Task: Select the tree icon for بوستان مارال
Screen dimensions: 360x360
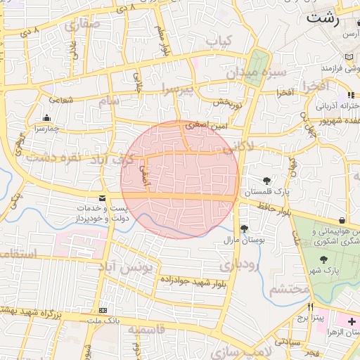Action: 244,229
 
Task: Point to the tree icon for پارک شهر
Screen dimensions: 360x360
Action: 323,259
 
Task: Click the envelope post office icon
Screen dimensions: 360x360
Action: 103,199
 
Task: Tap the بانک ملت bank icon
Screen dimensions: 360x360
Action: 103,310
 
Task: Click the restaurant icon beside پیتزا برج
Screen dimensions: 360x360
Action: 310,307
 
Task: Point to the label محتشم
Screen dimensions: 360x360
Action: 289,288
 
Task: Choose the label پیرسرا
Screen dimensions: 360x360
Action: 173,90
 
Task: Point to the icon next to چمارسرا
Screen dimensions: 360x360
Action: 46,117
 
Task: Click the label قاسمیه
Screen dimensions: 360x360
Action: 146,330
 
